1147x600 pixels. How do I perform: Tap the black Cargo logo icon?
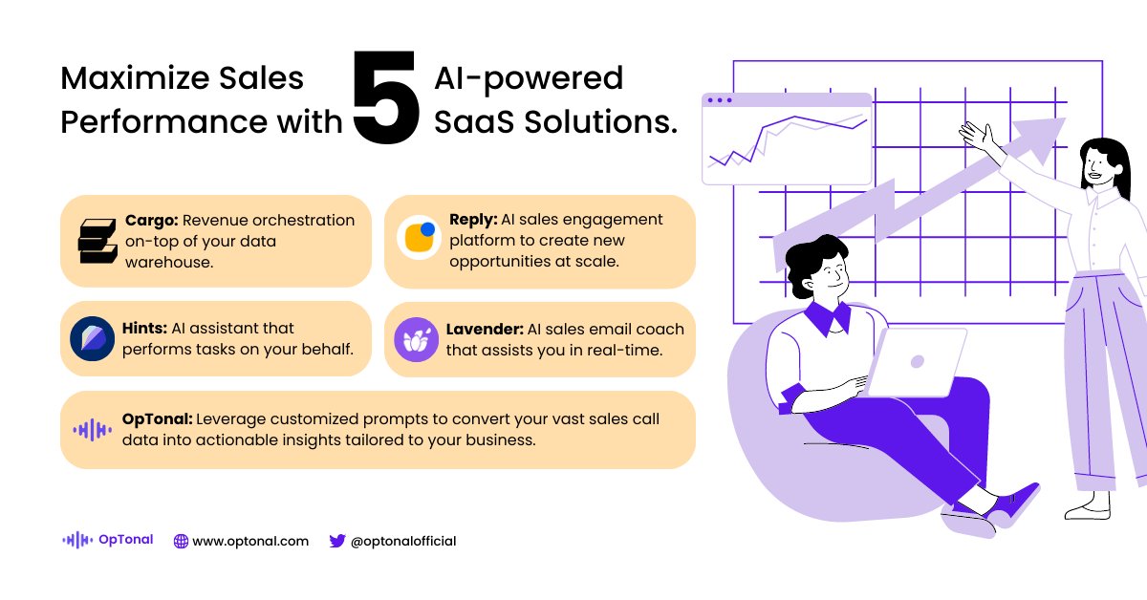pos(96,241)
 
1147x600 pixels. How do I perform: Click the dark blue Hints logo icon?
pos(93,338)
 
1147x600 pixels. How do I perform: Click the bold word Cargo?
pos(151,221)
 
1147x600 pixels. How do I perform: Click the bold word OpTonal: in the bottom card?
pos(159,419)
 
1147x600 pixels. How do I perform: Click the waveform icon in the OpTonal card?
pos(93,430)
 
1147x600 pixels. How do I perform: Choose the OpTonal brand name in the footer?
pos(125,540)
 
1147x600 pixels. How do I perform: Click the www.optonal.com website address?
pos(250,541)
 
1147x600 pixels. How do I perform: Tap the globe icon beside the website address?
pos(181,541)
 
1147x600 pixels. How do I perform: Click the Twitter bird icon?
pos(336,541)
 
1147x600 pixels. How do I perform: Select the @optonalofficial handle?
pos(403,541)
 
